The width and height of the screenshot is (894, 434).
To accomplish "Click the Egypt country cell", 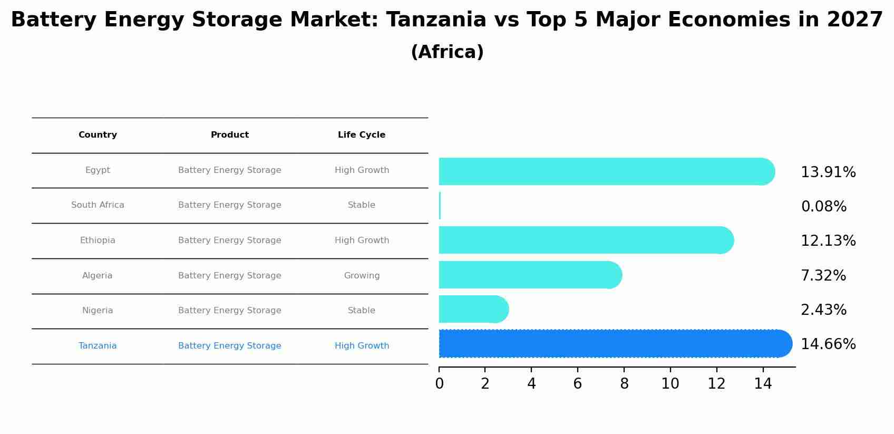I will point(98,170).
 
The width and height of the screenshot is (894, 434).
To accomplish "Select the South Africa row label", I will point(98,205).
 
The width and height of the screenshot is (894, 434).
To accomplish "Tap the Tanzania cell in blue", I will point(98,346).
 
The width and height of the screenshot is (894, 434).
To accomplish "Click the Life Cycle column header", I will point(362,135).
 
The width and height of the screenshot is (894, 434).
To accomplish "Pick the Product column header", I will point(230,135).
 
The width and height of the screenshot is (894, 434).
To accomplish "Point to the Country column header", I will point(98,135).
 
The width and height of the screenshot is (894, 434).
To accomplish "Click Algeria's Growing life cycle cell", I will point(362,276).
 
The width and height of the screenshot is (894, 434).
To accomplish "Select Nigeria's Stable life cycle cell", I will point(362,311).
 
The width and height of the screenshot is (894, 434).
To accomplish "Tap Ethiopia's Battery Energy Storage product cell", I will point(230,240).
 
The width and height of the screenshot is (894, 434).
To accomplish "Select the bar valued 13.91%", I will point(601,171).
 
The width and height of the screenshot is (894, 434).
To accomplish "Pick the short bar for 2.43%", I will point(472,309).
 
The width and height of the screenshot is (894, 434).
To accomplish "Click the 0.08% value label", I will point(823,207).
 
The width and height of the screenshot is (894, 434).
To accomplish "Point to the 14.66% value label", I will point(828,344).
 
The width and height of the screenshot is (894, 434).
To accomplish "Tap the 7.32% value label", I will point(823,276).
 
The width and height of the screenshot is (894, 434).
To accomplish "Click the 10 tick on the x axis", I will point(670,384).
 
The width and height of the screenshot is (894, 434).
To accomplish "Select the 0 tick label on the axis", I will point(439,384).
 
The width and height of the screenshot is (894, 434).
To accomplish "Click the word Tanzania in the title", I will point(436,20).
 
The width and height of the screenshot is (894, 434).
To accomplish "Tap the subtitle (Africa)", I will point(447,52).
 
